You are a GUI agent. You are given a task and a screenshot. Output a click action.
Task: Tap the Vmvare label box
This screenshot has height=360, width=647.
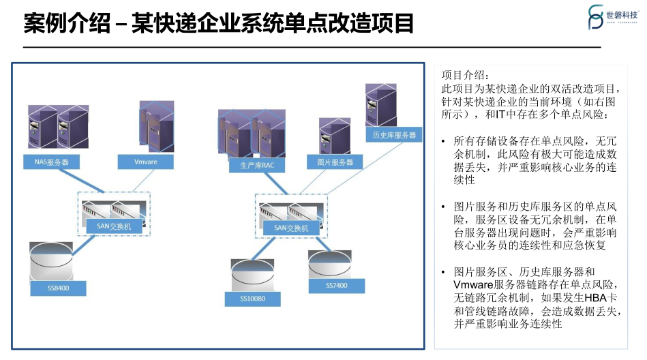pyautogui.click(x=146, y=162)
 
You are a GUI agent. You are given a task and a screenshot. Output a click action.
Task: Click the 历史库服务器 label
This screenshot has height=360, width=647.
pyautogui.click(x=393, y=135)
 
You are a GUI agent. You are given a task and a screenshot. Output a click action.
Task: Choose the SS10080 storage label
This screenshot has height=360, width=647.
pyautogui.click(x=252, y=299)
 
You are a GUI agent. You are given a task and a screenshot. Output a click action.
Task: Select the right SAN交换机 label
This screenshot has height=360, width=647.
pyautogui.click(x=290, y=228)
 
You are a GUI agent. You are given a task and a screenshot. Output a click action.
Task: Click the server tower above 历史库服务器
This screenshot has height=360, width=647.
pyautogui.click(x=382, y=106)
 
